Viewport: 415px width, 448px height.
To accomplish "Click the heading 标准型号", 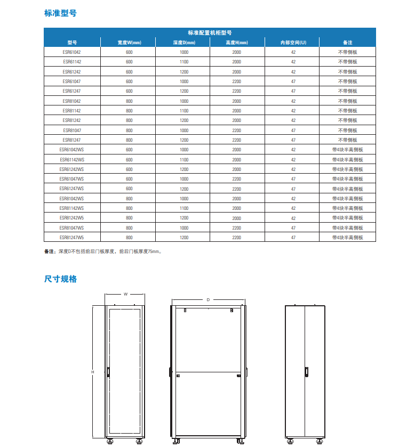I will tap(60, 13).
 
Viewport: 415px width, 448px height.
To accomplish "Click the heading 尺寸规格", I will tap(60, 279).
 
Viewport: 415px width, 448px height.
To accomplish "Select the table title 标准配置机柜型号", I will tap(209, 32).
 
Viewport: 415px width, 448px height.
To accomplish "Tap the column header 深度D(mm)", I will tap(183, 43).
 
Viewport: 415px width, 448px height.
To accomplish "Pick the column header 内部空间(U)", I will tap(293, 43).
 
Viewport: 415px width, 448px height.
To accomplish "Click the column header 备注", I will tap(347, 43).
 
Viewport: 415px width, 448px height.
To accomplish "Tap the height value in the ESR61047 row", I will tap(237, 82).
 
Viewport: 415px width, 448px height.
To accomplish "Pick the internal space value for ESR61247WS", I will tap(293, 189).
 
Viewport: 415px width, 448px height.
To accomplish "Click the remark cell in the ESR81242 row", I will tap(347, 120).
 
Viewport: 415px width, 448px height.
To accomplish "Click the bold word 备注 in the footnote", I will tap(49, 251).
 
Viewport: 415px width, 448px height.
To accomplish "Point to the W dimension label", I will tap(125, 294).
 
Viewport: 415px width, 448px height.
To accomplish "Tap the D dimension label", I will tap(208, 300).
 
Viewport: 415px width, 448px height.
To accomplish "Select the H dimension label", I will tap(92, 372).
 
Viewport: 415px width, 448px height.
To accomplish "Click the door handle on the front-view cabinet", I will tap(108, 372).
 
